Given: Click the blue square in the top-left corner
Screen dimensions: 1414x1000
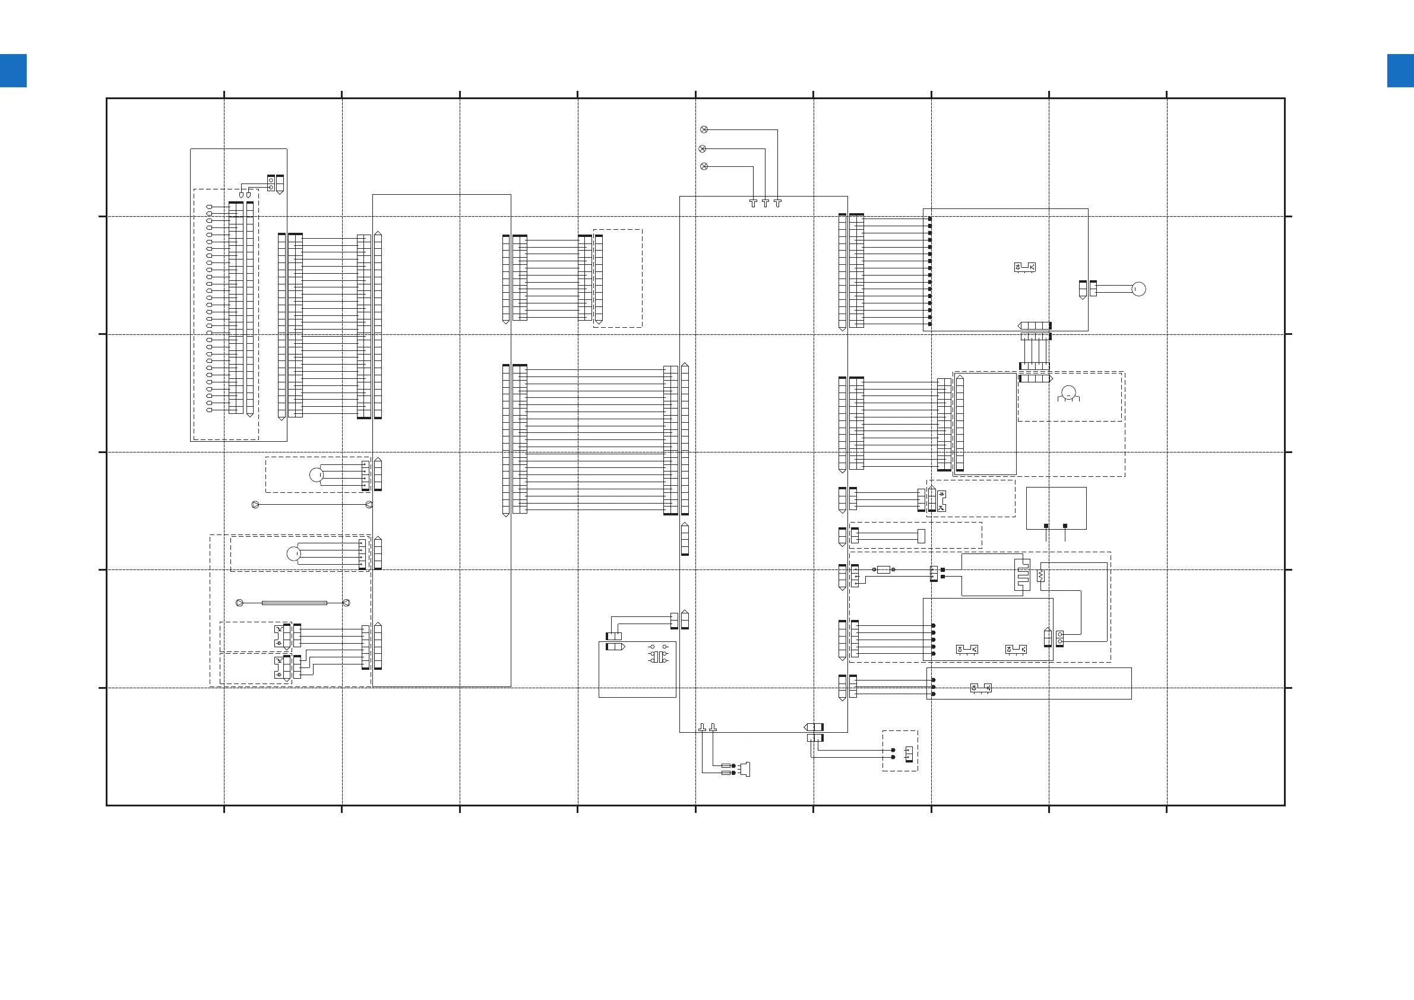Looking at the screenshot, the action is click(x=13, y=71).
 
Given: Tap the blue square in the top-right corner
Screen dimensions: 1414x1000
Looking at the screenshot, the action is click(x=1400, y=71).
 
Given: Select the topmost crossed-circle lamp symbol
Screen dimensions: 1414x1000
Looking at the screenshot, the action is click(x=704, y=129).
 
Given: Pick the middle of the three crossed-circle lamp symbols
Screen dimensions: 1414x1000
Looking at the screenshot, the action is click(x=703, y=148).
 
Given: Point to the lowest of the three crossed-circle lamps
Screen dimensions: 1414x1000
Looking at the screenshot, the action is click(x=704, y=166).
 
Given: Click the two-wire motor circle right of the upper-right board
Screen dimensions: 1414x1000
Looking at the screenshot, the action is click(x=1138, y=289).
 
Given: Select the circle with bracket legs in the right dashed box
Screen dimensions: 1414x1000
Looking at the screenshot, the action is click(x=1068, y=393).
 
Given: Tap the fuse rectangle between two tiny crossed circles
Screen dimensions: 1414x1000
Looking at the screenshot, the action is click(x=883, y=570).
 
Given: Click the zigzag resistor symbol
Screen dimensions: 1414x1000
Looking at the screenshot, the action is click(x=1040, y=576).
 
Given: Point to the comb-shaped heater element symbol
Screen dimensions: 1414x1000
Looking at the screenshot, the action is click(x=1022, y=574).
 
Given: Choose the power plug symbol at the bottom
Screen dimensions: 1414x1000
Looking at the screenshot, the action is click(x=746, y=769).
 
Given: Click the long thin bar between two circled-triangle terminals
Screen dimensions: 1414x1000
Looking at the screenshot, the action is click(x=294, y=603).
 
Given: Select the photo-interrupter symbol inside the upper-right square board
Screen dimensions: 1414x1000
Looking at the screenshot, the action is click(x=1025, y=267).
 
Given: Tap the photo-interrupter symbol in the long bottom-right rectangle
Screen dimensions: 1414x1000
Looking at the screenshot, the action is click(x=980, y=687).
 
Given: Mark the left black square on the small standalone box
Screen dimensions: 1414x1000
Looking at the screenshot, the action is click(x=1046, y=526).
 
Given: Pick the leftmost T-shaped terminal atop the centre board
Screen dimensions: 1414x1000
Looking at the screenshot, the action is click(x=752, y=202).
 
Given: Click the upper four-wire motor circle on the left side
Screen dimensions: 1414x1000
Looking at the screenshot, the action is click(x=316, y=474).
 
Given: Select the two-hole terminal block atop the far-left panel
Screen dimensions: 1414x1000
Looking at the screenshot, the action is click(x=271, y=183).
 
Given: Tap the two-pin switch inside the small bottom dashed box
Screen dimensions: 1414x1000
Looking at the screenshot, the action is click(x=909, y=753).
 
